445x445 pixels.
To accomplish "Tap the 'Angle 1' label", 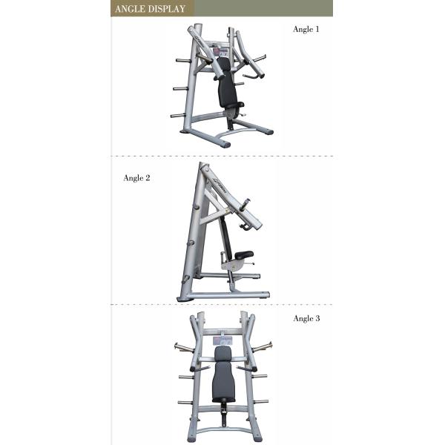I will pyautogui.click(x=306, y=30).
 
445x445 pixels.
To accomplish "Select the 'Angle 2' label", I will pyautogui.click(x=136, y=179).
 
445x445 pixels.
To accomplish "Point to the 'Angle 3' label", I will pyautogui.click(x=306, y=318).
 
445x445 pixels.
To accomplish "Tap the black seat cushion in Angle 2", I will pyautogui.click(x=243, y=254).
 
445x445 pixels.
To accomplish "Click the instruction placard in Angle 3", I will pyautogui.click(x=221, y=339).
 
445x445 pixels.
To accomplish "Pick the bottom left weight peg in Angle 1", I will pyautogui.click(x=176, y=115).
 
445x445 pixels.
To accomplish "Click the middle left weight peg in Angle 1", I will pyautogui.click(x=178, y=88).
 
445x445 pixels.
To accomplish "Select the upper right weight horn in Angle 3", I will pyautogui.click(x=261, y=348).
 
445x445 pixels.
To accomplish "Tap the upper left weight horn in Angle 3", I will pyautogui.click(x=182, y=348).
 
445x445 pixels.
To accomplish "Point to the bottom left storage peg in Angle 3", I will pyautogui.click(x=183, y=402).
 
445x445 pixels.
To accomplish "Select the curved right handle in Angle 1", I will pyautogui.click(x=256, y=73).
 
